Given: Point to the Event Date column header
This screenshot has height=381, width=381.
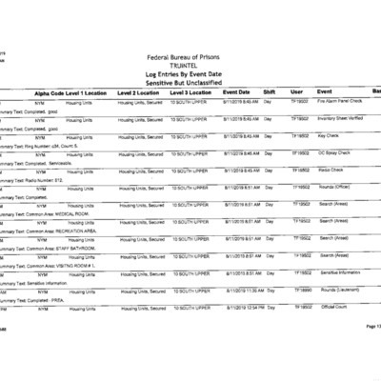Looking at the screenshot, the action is pyautogui.click(x=236, y=91).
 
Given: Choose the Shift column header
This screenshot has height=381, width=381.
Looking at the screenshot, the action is pyautogui.click(x=270, y=91).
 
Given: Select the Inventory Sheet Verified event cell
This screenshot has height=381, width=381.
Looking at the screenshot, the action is pyautogui.click(x=341, y=118).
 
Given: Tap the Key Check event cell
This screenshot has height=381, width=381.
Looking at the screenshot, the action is pyautogui.click(x=330, y=135).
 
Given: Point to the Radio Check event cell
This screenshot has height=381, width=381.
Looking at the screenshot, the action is pyautogui.click(x=331, y=170).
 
